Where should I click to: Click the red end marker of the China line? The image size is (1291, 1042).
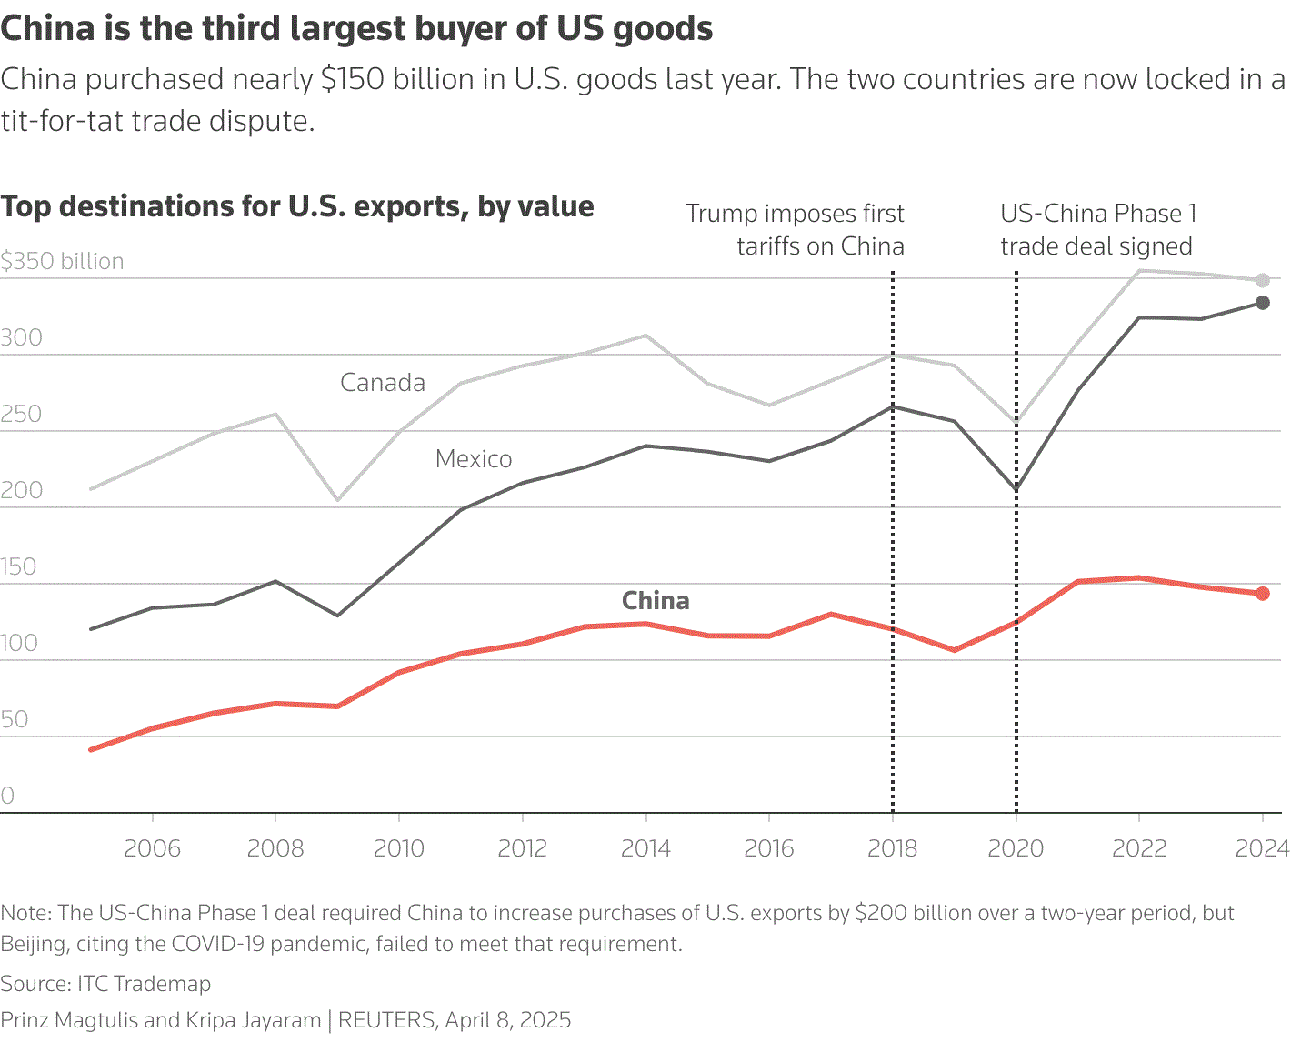tap(1263, 594)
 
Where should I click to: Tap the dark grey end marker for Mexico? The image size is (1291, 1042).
tap(1263, 303)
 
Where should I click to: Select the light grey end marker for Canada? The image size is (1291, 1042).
tap(1263, 281)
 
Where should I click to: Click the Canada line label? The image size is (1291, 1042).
tap(383, 383)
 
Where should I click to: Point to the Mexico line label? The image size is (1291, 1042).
tap(474, 459)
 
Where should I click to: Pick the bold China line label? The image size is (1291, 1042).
tap(656, 601)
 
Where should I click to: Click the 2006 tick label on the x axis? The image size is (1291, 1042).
tap(152, 848)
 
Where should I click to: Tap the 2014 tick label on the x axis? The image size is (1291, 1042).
tap(645, 848)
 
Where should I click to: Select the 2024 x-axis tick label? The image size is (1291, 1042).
tap(1262, 848)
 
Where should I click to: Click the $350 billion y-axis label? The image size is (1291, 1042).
tap(62, 262)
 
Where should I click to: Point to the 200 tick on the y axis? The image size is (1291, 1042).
tap(22, 491)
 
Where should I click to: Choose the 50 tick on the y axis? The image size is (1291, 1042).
tap(15, 720)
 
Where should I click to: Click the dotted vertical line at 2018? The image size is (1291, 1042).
tap(893, 546)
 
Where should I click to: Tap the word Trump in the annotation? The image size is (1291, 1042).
tap(721, 214)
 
